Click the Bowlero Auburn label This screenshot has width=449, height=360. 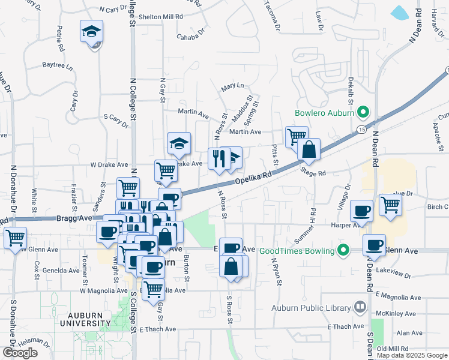click(x=324, y=112)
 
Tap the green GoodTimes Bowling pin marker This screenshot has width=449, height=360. click(x=344, y=250)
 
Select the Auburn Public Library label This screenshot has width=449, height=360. click(x=310, y=308)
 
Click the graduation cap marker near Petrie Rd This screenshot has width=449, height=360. click(x=91, y=31)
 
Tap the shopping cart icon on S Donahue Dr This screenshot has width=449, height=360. click(x=15, y=237)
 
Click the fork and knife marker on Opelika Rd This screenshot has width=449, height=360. click(x=218, y=158)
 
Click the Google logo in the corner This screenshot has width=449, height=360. click(x=20, y=353)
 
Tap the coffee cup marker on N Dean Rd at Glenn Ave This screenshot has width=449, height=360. click(x=375, y=245)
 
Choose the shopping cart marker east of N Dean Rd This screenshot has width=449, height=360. click(x=391, y=205)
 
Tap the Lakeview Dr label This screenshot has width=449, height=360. click(x=393, y=273)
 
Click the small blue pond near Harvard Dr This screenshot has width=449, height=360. click(x=399, y=12)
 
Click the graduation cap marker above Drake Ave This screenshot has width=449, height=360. click(x=179, y=143)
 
